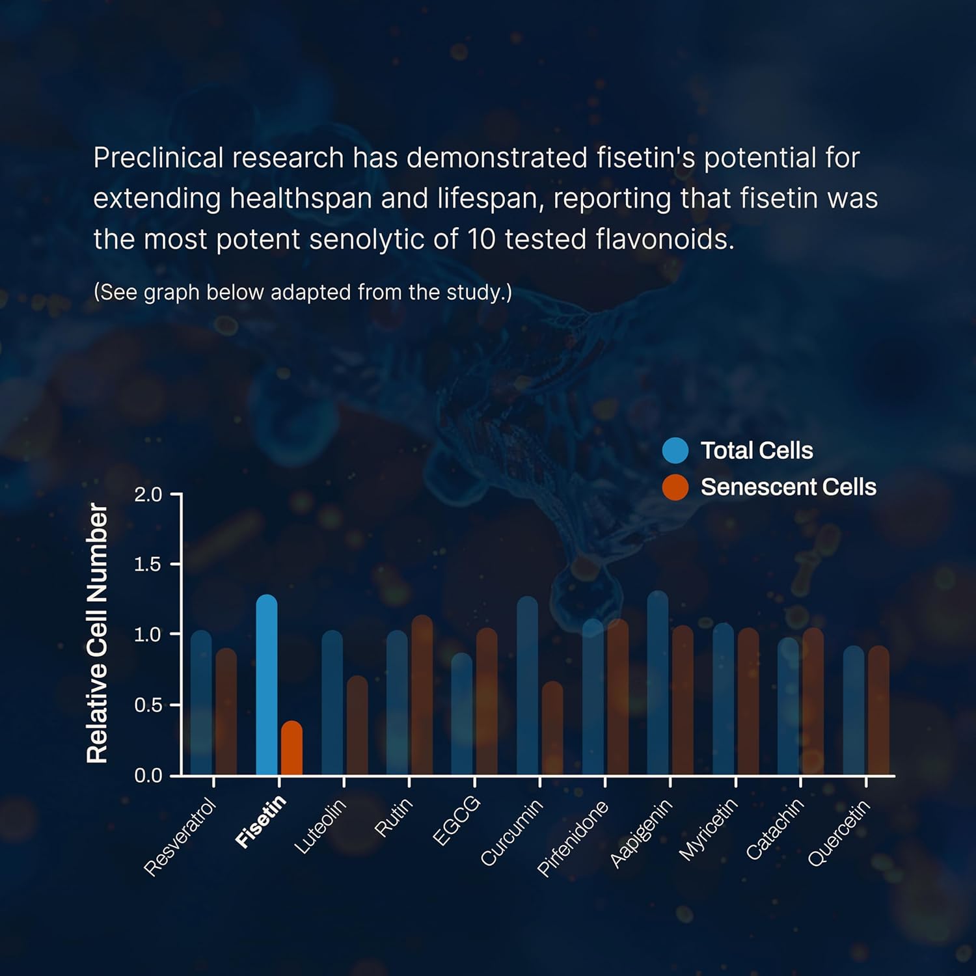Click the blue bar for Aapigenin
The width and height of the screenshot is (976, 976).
pyautogui.click(x=658, y=683)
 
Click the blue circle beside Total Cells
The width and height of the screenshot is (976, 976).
pyautogui.click(x=675, y=450)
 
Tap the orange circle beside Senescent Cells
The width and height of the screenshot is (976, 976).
pyautogui.click(x=675, y=487)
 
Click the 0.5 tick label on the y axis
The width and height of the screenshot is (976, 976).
pyautogui.click(x=148, y=705)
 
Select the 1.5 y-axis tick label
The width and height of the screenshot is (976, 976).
pyautogui.click(x=148, y=564)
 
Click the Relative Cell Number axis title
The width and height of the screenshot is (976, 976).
pyautogui.click(x=98, y=633)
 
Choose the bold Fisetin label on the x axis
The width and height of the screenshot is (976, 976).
pyautogui.click(x=261, y=821)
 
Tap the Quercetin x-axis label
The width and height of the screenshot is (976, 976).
pyautogui.click(x=839, y=834)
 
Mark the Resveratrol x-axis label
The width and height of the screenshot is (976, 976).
pyautogui.click(x=180, y=837)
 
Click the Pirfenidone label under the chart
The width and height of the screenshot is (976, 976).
pyautogui.click(x=573, y=838)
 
